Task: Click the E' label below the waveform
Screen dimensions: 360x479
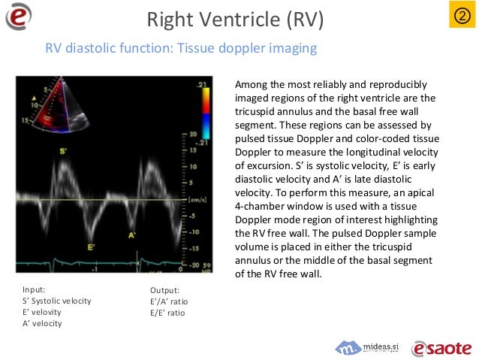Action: click(x=91, y=247)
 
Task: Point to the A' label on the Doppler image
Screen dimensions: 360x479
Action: click(x=132, y=235)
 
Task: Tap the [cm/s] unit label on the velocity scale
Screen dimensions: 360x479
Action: click(x=198, y=200)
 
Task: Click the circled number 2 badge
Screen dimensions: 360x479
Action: click(x=459, y=16)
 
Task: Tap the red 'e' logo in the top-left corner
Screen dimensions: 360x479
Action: click(x=19, y=17)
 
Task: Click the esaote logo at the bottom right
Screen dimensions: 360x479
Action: click(x=441, y=347)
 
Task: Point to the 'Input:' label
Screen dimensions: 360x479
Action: click(x=35, y=289)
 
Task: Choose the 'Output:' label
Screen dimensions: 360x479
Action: click(x=165, y=289)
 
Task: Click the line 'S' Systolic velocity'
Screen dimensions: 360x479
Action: click(x=57, y=301)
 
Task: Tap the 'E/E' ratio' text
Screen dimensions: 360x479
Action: click(x=167, y=312)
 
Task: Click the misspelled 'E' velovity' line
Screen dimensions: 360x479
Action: click(x=42, y=312)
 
